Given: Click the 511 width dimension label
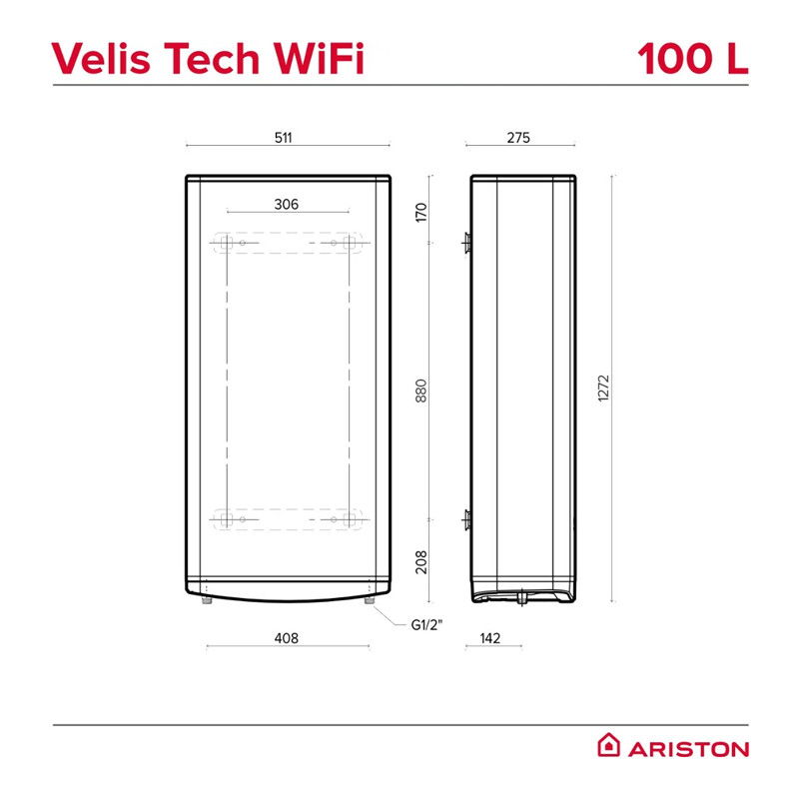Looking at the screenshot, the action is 283,138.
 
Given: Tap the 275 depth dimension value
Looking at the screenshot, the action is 518,138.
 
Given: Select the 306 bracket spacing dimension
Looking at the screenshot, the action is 286,205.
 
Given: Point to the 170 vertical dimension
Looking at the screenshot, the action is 420,212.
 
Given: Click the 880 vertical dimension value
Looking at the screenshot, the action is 420,391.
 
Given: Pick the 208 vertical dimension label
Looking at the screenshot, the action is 420,562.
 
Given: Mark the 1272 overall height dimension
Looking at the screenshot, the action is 603,389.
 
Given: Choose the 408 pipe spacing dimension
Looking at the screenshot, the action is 286,638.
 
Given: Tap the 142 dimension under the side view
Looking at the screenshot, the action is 489,638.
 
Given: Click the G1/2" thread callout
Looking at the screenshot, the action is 426,625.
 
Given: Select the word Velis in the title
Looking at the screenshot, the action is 101,58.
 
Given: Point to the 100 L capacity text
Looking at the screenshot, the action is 692,58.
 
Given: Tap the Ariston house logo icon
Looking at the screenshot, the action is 608,745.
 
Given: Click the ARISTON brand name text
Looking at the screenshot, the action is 688,749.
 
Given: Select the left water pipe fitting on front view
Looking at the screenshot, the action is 207,600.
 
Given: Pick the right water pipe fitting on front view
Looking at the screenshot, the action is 370,600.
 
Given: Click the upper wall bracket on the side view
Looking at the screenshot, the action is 466,243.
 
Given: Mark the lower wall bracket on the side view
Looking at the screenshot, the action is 466,519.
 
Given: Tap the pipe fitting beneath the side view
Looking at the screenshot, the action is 521,597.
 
